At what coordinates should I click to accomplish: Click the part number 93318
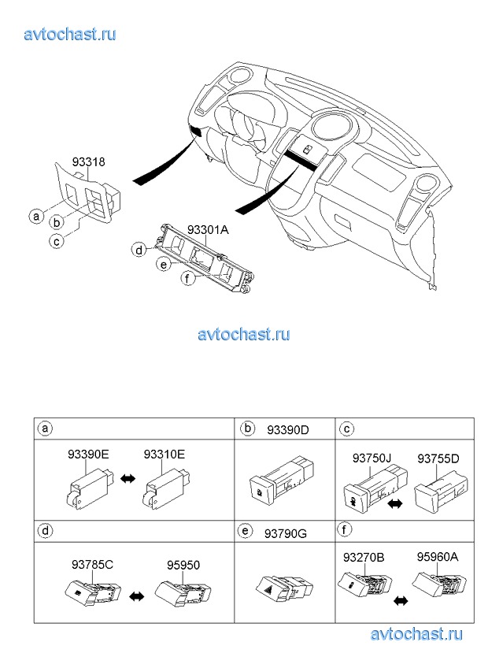tap(89, 162)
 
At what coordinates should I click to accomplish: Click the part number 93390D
tap(287, 429)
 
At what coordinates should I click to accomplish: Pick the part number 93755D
tap(438, 458)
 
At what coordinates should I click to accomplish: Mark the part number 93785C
tap(93, 564)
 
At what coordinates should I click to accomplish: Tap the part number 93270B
tap(364, 556)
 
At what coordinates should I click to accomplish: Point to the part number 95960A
tap(438, 556)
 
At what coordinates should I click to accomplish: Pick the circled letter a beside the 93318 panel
tap(35, 215)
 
